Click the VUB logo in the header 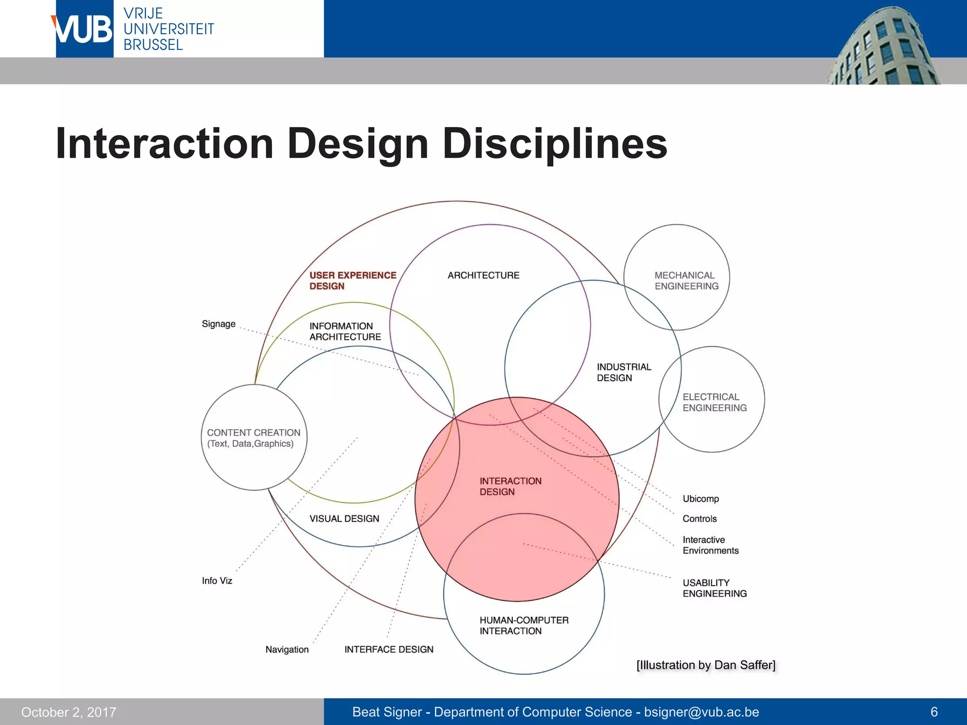point(84,29)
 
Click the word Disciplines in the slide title point(555,143)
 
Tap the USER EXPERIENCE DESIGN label point(352,280)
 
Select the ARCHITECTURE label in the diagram point(483,275)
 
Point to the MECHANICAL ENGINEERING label point(686,280)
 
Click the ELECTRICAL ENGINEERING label point(714,402)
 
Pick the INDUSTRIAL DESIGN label point(623,372)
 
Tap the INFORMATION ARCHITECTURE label point(345,331)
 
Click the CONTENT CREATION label point(254,438)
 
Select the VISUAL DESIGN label point(344,518)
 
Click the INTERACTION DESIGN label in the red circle point(510,486)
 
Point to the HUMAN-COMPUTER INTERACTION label point(524,625)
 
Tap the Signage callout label point(218,324)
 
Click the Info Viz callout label point(217,581)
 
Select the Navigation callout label point(287,649)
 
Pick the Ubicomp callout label point(700,498)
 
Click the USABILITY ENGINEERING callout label point(714,588)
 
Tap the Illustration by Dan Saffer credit point(705,665)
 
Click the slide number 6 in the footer point(933,712)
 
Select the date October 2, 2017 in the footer point(69,712)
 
